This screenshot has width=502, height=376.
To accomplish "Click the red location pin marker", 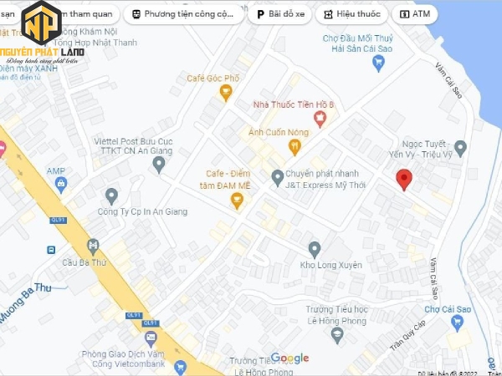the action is [x=404, y=178].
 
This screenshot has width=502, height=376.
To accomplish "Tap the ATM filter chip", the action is [x=416, y=14].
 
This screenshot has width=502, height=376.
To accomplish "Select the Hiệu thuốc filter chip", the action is [x=351, y=14].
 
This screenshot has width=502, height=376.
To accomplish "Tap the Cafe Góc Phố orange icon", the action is [x=225, y=93].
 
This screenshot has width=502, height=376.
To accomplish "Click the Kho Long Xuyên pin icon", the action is [x=315, y=249].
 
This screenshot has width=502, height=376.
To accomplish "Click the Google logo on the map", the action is [x=289, y=358].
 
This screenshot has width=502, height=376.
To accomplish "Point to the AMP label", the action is [x=56, y=171].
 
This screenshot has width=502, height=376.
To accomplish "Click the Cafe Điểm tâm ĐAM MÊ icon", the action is [x=237, y=200].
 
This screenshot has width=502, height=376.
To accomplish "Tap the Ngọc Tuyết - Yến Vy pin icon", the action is [x=459, y=147].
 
